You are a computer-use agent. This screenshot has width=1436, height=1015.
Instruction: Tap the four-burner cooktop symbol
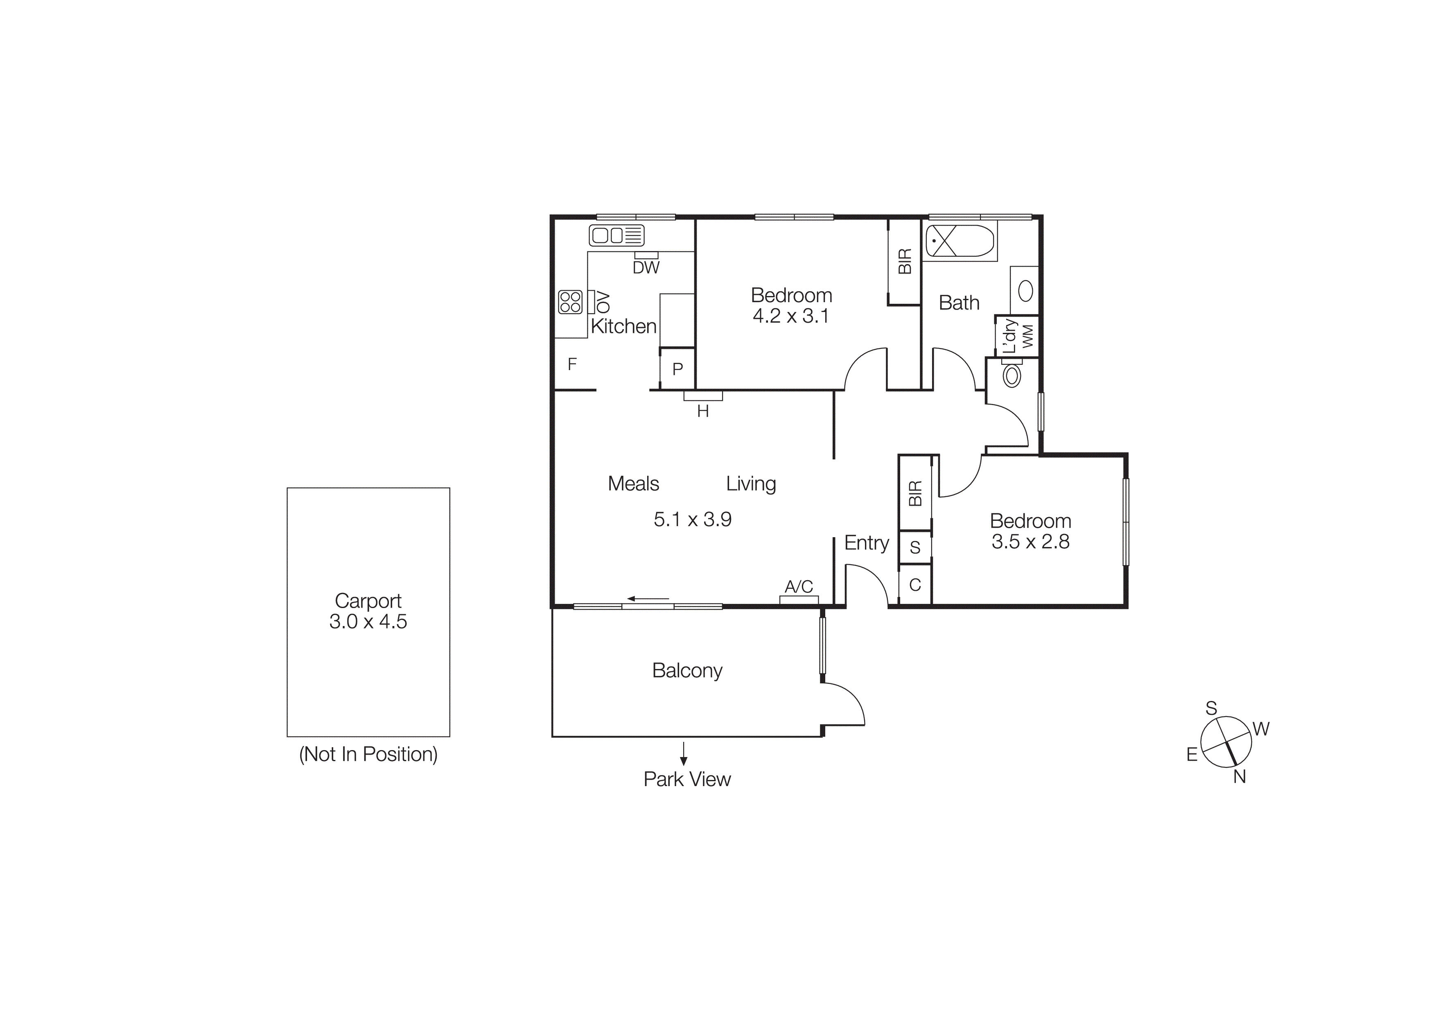click(570, 302)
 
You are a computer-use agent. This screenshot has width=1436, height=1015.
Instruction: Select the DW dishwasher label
click(646, 268)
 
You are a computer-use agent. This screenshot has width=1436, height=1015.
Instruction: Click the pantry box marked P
click(677, 369)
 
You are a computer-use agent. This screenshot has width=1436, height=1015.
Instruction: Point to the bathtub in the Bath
click(960, 241)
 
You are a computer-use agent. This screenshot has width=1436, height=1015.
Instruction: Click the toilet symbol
click(1012, 376)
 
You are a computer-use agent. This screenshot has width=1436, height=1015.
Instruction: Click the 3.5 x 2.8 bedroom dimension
click(1030, 542)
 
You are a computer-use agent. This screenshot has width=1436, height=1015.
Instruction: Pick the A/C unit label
click(799, 587)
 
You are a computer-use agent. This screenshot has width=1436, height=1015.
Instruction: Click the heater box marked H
click(703, 396)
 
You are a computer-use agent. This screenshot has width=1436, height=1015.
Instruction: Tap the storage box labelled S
click(915, 547)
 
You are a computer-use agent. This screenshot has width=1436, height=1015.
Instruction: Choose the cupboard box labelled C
click(915, 585)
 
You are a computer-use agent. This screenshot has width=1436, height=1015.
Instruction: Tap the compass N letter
click(1240, 777)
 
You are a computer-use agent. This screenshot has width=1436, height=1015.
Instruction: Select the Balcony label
click(687, 670)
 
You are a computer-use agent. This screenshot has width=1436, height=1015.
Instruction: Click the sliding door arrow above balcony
click(648, 599)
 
